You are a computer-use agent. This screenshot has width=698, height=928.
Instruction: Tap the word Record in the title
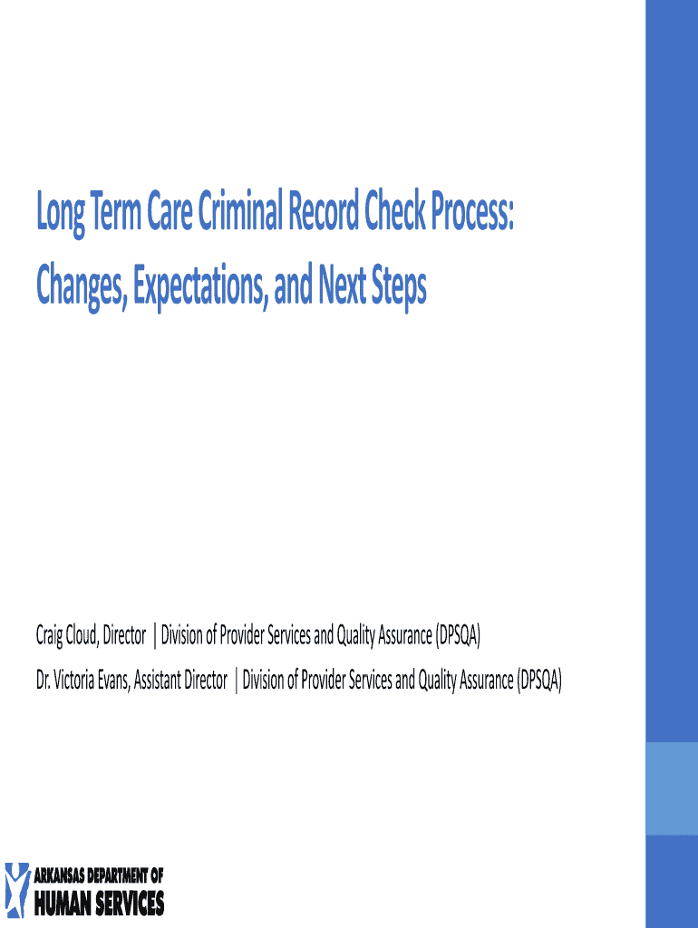pyautogui.click(x=324, y=211)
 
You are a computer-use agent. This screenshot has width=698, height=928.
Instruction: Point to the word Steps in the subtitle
pyautogui.click(x=399, y=286)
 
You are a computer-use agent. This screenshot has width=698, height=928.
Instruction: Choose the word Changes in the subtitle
pyautogui.click(x=82, y=285)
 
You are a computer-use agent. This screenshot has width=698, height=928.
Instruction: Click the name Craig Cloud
pyautogui.click(x=65, y=635)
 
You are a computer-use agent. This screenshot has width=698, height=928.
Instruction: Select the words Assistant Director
pyautogui.click(x=180, y=680)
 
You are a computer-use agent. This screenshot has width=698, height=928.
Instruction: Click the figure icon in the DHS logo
pyautogui.click(x=17, y=890)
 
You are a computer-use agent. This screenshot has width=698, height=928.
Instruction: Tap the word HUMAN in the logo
pyautogui.click(x=63, y=904)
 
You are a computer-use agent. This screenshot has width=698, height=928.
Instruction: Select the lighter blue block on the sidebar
pyautogui.click(x=672, y=788)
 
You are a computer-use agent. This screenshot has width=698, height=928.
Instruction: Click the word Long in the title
pyautogui.click(x=61, y=213)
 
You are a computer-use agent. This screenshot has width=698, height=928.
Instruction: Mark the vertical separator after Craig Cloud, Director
pyautogui.click(x=154, y=635)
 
